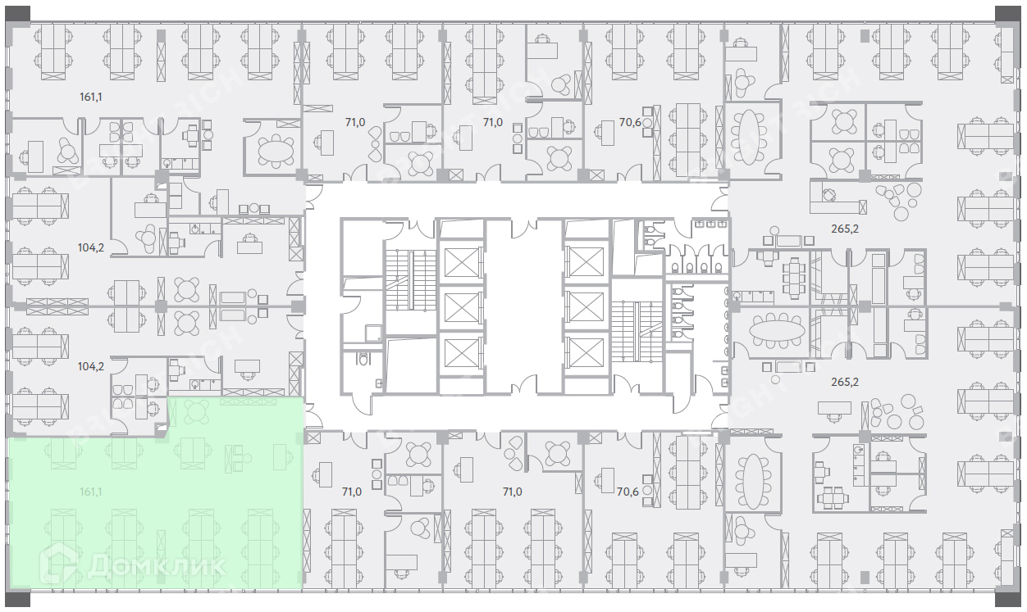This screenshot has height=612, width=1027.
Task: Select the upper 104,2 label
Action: tap(90, 247)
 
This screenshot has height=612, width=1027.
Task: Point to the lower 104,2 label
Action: tap(90, 366)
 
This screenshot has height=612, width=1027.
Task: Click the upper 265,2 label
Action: tap(844, 229)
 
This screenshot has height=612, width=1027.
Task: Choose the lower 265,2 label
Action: tap(844, 382)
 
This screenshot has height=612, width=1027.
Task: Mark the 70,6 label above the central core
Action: tap(630, 123)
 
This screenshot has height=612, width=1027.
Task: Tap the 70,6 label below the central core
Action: tap(628, 492)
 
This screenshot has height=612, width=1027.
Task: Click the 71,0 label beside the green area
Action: tap(351, 492)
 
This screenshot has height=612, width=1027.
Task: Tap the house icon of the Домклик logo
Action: tap(61, 564)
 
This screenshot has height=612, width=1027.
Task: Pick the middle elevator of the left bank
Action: tap(459, 306)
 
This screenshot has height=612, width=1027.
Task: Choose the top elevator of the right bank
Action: tap(586, 261)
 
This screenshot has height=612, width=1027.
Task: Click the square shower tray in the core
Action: tap(373, 333)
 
